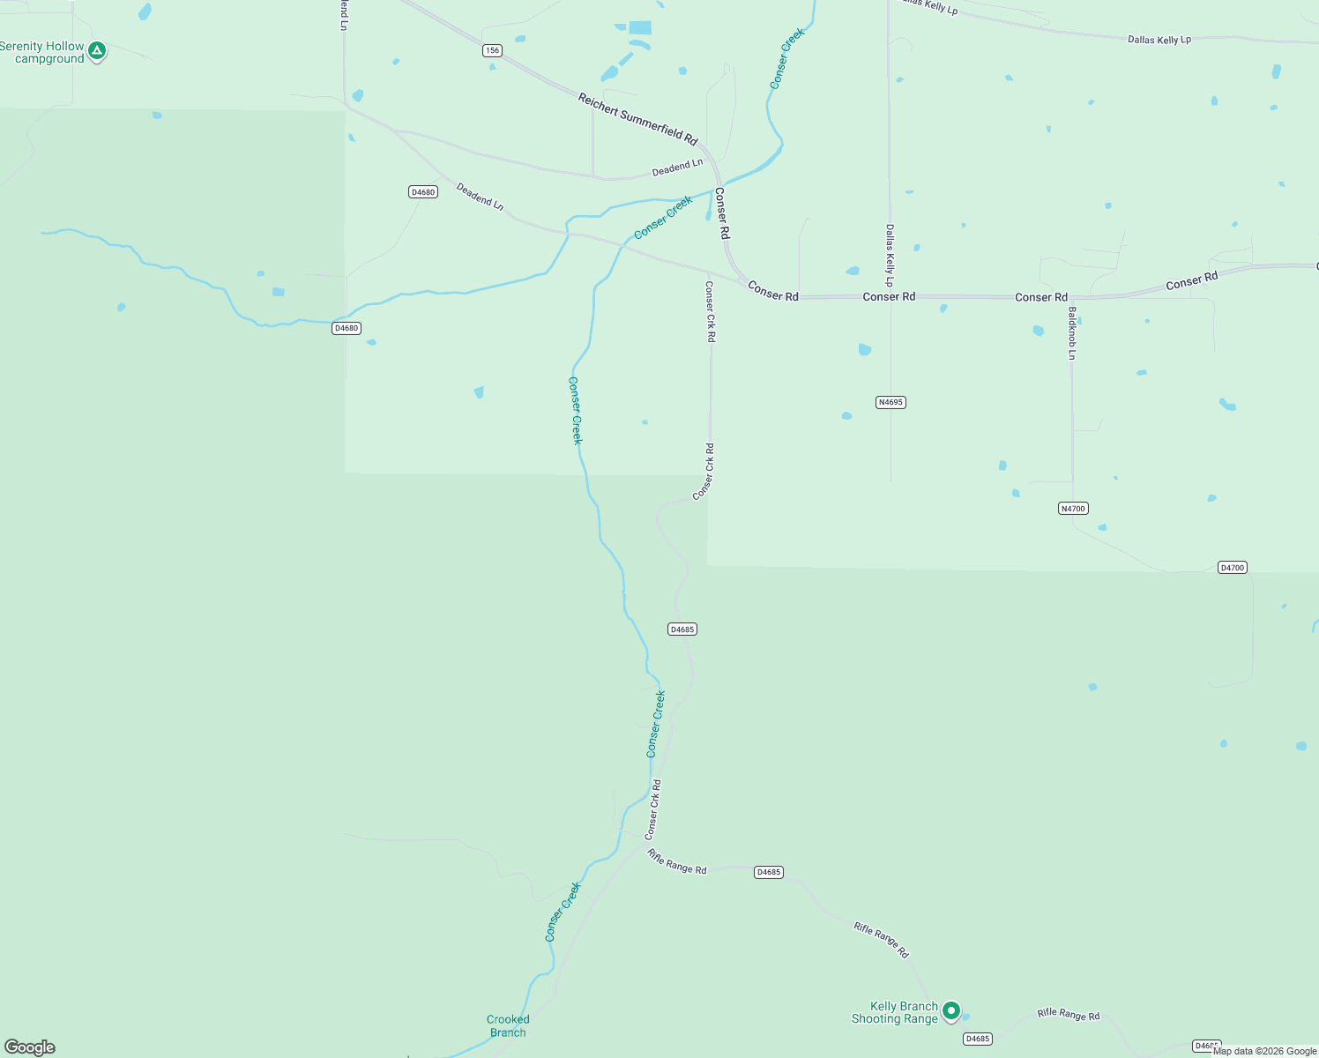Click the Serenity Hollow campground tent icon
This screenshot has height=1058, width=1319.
98,51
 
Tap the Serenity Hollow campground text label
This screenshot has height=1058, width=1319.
42,53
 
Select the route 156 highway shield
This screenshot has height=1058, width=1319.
492,50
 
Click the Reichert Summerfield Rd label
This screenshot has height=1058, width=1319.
637,119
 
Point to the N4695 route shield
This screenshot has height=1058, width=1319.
891,402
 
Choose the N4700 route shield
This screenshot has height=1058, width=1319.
1073,508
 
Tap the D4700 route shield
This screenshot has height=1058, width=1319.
1232,567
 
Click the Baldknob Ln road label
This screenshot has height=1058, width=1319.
1072,333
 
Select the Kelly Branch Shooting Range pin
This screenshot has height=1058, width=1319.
950,1010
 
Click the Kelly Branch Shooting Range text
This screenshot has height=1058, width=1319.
895,1013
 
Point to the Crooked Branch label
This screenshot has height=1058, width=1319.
508,1026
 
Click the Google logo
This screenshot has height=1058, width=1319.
30,1047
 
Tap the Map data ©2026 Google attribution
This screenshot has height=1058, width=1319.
1264,1051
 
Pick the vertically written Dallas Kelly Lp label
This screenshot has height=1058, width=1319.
890,256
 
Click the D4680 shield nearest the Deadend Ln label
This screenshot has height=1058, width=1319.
423,192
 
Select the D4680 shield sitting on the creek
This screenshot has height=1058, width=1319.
347,328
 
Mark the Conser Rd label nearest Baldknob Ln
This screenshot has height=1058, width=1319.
1040,297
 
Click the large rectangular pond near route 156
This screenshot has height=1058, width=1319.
640,27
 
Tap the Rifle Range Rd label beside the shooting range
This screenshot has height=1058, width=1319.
1069,1015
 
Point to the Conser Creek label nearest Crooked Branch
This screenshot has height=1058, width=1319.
563,913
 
